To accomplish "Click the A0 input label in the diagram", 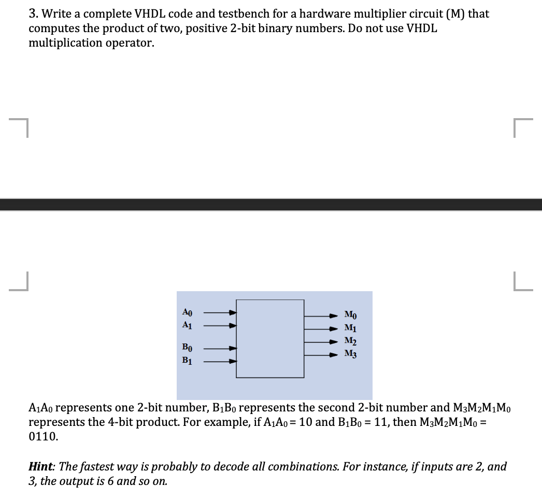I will (x=188, y=312).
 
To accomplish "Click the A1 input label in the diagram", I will (x=188, y=325).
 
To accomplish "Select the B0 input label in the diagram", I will (x=188, y=348).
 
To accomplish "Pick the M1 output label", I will (x=351, y=328).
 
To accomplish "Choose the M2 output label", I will (x=351, y=341).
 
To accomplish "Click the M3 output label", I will (x=351, y=354).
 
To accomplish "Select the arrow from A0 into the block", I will (x=220, y=312).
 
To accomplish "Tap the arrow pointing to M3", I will (x=321, y=355).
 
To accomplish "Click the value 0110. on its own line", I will (x=44, y=436).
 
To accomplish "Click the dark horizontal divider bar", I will (x=271, y=204).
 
